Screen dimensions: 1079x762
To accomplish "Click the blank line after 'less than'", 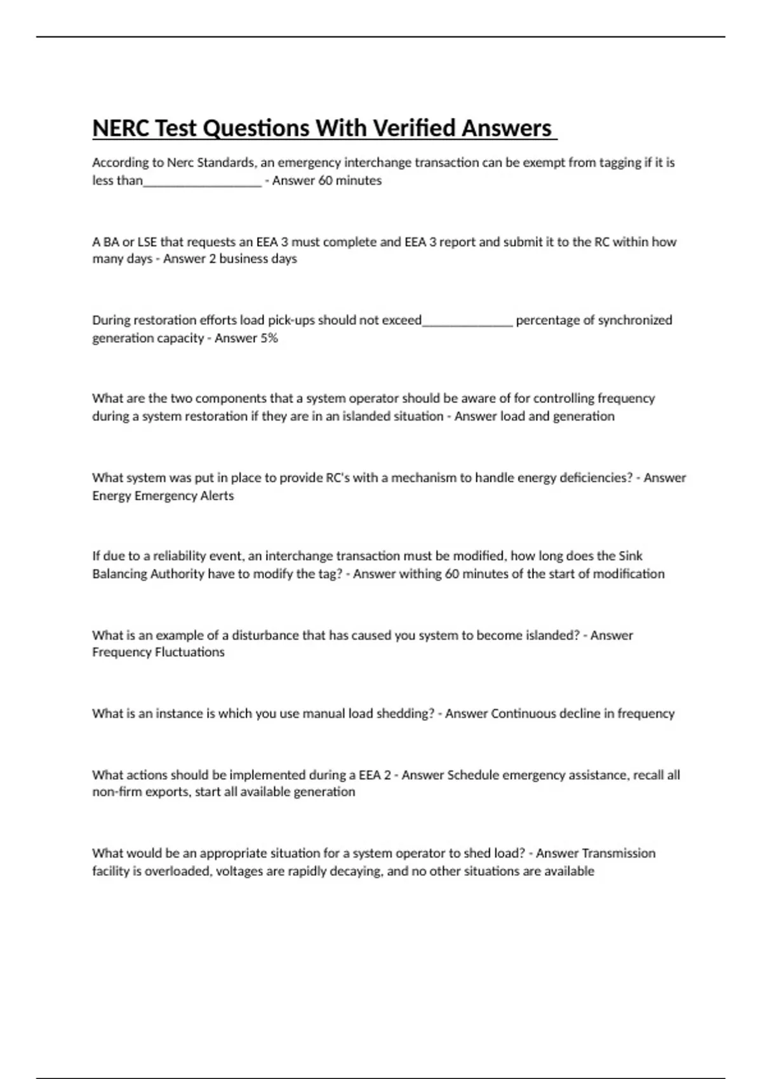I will tap(202, 182).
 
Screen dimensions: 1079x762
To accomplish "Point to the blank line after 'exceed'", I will tap(467, 321).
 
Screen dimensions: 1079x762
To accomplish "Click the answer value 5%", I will tap(269, 338).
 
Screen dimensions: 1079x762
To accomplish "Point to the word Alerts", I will tap(217, 496).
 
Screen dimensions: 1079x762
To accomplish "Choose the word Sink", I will tap(630, 556).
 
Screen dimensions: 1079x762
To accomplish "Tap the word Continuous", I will tap(526, 713).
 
